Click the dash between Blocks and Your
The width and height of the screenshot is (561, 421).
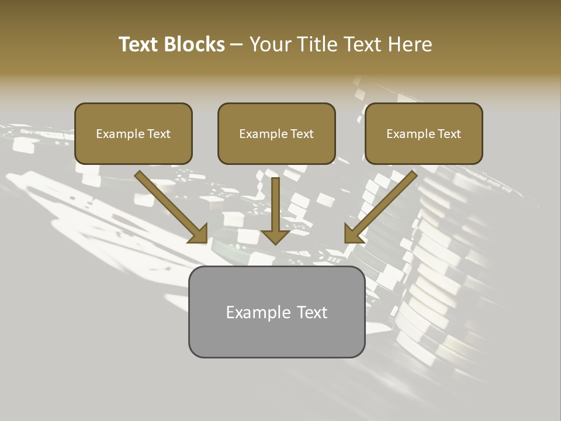tap(237, 45)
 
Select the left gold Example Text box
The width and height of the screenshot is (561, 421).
tap(133, 133)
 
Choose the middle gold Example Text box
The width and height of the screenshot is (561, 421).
tap(276, 133)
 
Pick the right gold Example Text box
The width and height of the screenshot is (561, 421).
tap(424, 133)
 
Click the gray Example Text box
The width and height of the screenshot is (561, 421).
tap(276, 312)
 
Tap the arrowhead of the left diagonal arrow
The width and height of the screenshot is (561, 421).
tap(199, 234)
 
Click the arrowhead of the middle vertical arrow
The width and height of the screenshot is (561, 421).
tap(276, 237)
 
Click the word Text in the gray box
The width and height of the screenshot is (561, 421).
tap(313, 312)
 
